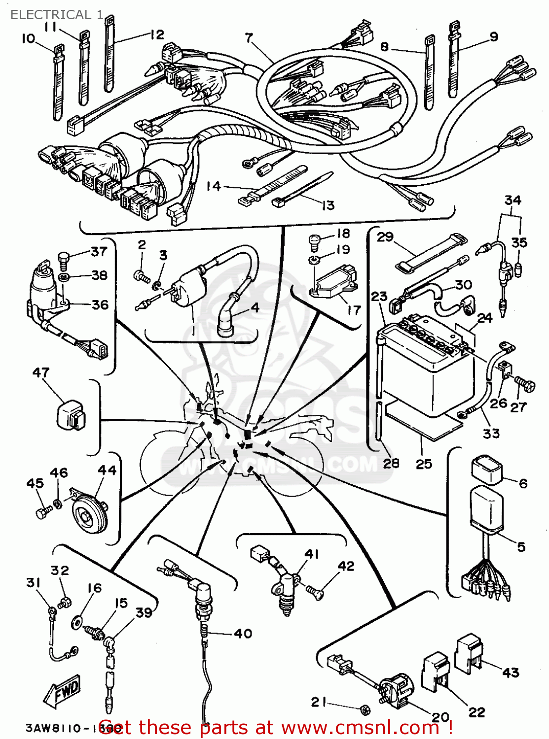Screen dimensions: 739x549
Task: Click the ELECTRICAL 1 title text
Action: tap(57, 15)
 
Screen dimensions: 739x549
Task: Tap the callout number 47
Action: tap(40, 372)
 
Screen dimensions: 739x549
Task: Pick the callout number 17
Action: tap(354, 310)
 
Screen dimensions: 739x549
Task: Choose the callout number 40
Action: tap(243, 633)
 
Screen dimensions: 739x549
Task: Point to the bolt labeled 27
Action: tap(525, 385)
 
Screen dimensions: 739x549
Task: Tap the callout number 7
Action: tap(249, 37)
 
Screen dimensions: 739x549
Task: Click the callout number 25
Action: tap(424, 464)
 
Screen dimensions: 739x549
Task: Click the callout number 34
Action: tap(512, 200)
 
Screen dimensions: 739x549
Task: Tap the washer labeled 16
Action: tap(77, 622)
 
